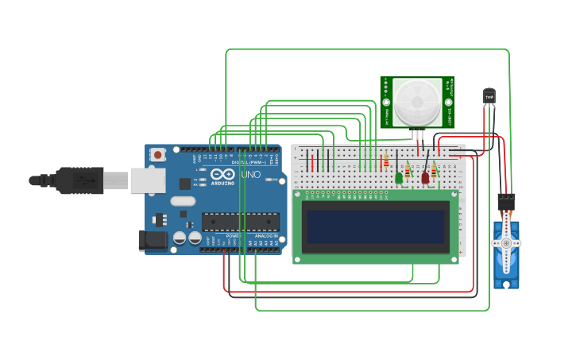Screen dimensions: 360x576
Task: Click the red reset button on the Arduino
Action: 158,154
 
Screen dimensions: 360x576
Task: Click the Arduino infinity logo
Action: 222,174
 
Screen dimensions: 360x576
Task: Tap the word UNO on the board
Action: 251,174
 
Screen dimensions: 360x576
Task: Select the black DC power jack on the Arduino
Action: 151,241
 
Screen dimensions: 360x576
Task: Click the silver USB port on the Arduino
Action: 148,181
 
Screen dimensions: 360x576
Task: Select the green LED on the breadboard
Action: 399,178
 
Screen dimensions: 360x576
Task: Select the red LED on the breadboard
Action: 425,178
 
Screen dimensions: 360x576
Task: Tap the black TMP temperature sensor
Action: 489,95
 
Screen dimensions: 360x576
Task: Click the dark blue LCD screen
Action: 376,226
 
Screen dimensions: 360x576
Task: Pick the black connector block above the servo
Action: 506,201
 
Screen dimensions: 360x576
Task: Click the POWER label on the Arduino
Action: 234,236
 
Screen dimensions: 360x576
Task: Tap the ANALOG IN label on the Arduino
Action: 266,236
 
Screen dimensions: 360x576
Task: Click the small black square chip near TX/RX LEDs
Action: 185,184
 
